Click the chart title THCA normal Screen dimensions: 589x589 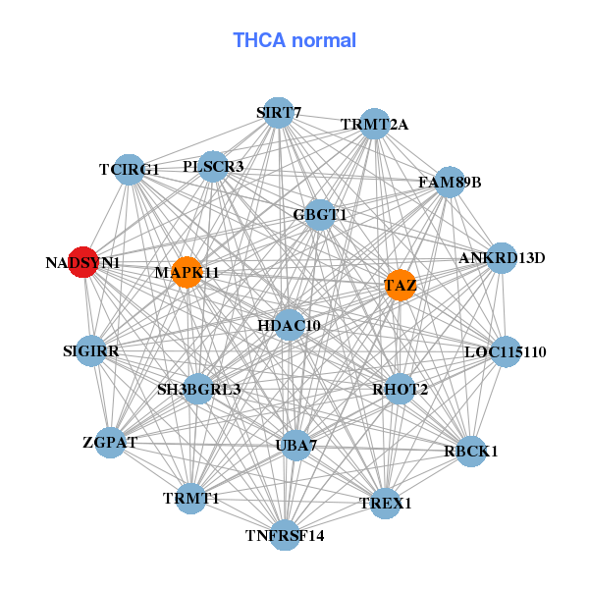(294, 40)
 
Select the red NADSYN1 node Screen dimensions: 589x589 (83, 263)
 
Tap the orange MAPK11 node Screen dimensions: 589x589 (187, 271)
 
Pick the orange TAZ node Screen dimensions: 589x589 (400, 286)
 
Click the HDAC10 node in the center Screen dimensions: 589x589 (289, 325)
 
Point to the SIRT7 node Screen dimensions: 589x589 (279, 113)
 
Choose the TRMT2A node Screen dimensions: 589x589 (374, 125)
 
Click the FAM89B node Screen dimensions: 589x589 (450, 182)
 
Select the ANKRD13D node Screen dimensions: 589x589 (502, 258)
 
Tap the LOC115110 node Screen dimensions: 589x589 (505, 351)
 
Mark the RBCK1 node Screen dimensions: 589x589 (471, 452)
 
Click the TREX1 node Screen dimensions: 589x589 (386, 504)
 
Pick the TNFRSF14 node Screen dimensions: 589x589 (285, 535)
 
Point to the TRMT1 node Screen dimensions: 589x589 (191, 499)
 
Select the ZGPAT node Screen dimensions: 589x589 (110, 443)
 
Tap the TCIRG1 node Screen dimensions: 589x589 (129, 170)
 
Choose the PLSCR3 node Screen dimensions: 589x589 (213, 167)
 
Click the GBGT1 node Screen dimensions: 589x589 (320, 214)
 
